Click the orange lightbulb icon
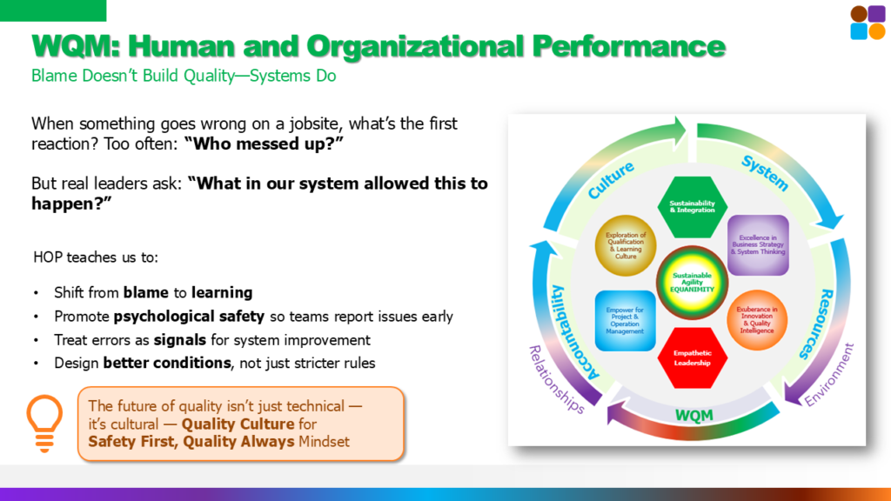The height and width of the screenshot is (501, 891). point(44,424)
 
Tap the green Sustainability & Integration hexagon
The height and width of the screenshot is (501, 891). point(692,207)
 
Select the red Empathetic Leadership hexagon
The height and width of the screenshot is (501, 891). point(692,357)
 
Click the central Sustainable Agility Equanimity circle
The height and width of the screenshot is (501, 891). point(692,283)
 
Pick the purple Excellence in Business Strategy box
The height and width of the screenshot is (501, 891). point(758,244)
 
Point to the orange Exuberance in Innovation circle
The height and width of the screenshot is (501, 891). point(757,320)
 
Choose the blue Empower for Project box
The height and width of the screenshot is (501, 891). point(625,321)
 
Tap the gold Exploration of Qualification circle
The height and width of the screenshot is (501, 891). point(626,245)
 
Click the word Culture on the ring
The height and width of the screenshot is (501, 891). point(611,181)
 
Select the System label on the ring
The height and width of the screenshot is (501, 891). point(765,173)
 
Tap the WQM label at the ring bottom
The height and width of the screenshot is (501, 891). point(693,416)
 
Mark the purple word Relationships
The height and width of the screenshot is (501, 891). point(556,379)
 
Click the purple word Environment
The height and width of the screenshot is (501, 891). point(829,375)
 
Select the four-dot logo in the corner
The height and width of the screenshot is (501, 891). point(868,23)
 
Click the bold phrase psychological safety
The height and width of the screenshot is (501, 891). point(189,317)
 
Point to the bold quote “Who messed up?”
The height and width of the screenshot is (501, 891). point(264,144)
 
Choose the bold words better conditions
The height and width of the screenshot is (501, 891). point(167,363)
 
